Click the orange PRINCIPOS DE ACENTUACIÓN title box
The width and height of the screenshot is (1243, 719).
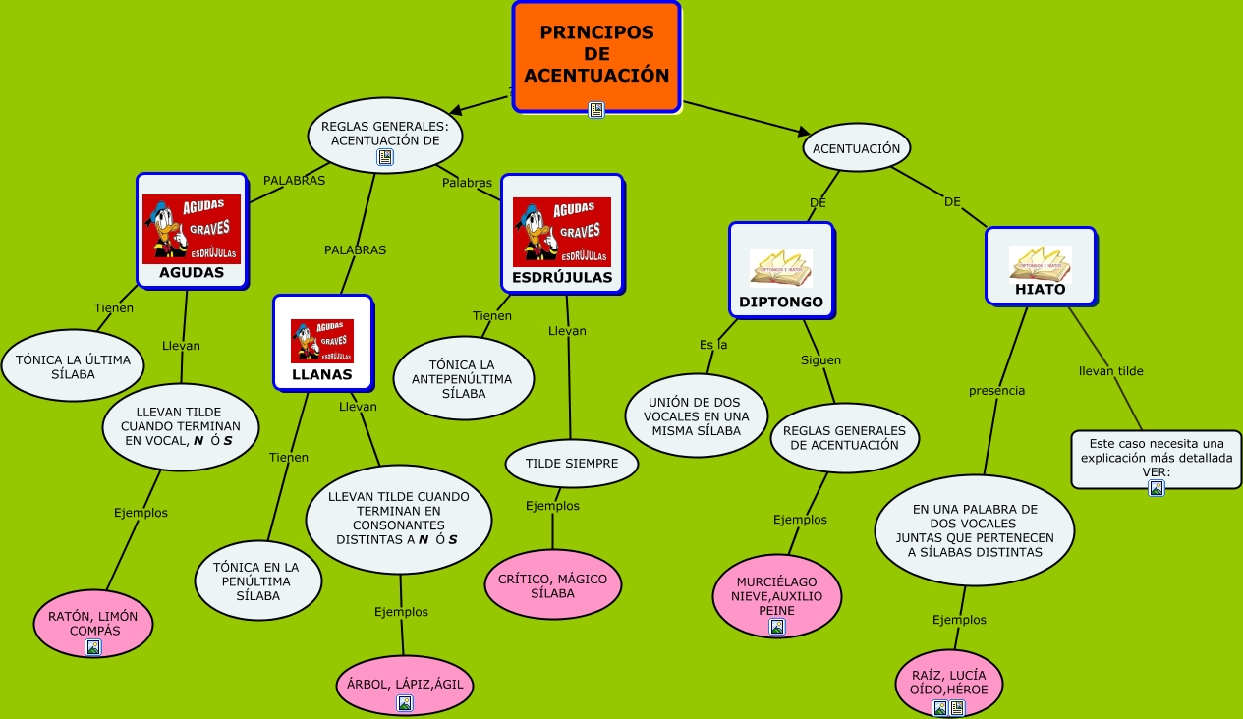pos(596,55)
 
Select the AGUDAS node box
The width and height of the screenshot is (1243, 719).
pos(192,231)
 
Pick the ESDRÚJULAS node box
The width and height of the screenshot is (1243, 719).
pos(562,234)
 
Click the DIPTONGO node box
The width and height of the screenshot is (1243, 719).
pos(781,269)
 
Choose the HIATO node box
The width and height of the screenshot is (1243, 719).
pos(1041,266)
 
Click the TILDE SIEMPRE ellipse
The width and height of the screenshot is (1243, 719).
pos(572,463)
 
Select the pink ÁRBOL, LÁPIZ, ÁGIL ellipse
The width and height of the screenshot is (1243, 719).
pos(405,685)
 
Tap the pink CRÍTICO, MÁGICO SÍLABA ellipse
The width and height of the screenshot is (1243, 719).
pos(553,584)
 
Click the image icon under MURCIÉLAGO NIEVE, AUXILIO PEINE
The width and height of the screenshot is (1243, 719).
pos(777,627)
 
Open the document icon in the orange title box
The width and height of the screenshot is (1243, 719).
pos(596,110)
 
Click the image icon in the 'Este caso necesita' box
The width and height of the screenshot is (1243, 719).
pos(1157,487)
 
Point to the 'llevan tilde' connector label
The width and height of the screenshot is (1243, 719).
pos(1111,371)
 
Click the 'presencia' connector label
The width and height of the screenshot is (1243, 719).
pos(996,390)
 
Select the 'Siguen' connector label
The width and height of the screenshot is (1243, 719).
pos(820,359)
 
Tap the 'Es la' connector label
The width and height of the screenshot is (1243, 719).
pos(713,345)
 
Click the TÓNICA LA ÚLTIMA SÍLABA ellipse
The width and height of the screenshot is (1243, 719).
pos(73,366)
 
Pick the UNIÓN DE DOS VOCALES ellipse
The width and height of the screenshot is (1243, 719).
pos(697,415)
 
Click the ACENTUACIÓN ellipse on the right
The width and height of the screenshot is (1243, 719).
pos(857,148)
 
